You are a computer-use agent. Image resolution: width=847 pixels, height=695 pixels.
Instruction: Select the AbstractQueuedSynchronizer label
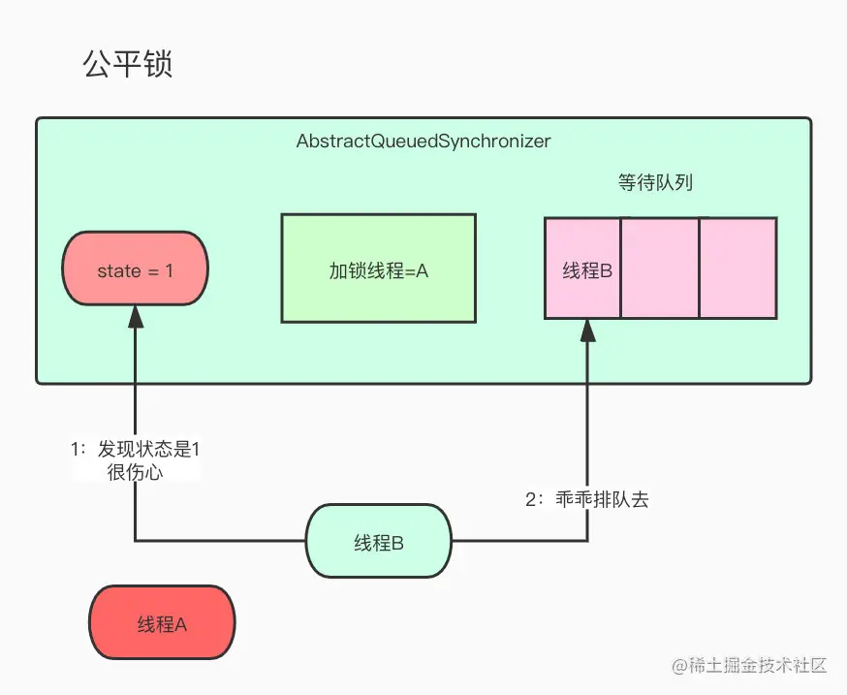[x=423, y=142]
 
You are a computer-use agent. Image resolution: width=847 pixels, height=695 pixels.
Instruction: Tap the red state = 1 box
[x=135, y=270]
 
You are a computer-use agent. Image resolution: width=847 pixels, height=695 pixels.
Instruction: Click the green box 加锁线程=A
[x=378, y=269]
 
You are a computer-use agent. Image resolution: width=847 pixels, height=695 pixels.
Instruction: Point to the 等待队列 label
[x=655, y=182]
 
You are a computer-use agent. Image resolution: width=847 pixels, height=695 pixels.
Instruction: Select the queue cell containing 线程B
[x=583, y=269]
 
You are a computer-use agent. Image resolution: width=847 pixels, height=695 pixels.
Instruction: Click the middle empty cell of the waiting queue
[x=659, y=269]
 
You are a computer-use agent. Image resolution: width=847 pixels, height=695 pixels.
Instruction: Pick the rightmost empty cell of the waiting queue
[x=737, y=269]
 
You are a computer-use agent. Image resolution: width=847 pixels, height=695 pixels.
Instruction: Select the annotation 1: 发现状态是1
[x=136, y=450]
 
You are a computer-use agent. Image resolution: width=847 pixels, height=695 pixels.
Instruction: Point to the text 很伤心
[x=135, y=472]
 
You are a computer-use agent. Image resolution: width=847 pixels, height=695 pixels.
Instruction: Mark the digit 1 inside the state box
[x=169, y=271]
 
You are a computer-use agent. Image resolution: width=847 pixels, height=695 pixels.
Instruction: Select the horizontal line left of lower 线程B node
[x=220, y=540]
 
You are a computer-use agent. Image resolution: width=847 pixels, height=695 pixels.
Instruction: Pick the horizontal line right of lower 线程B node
[x=518, y=540]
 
